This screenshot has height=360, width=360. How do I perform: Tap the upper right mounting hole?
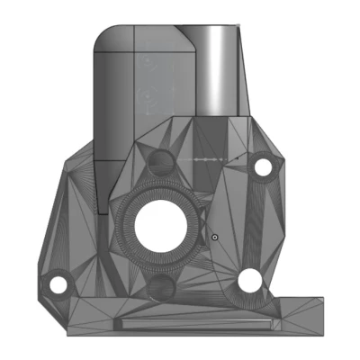tap(264, 167)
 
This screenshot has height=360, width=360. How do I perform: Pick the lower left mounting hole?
tap(58, 285)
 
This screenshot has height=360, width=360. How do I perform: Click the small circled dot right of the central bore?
tap(214, 237)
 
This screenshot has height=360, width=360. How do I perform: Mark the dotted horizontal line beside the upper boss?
tap(209, 157)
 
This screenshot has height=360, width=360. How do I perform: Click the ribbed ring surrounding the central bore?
tap(127, 225)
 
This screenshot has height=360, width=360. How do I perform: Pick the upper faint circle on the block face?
tap(147, 62)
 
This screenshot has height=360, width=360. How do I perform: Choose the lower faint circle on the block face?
tap(147, 93)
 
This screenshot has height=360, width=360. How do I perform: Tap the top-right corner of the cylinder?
tap(239, 25)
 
